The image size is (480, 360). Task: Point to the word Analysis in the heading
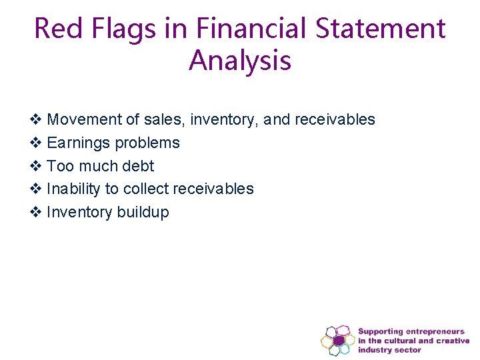pyautogui.click(x=240, y=61)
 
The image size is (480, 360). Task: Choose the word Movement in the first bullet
pyautogui.click(x=85, y=120)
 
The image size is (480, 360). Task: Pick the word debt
pyautogui.click(x=138, y=166)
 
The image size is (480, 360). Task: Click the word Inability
pyautogui.click(x=73, y=189)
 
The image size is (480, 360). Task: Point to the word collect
pyautogui.click(x=146, y=189)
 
